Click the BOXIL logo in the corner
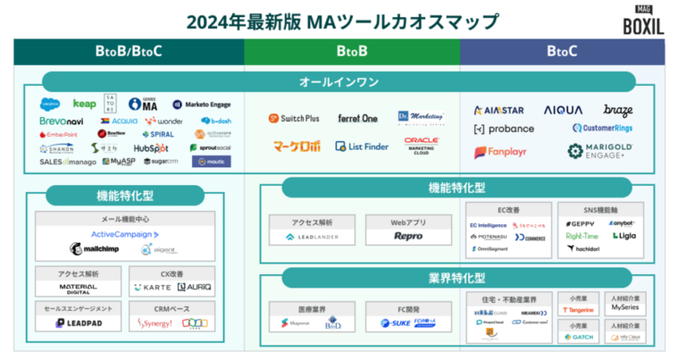pos(643,20)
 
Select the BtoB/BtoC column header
pos(129,51)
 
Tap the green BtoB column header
pos(352,51)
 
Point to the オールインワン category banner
pos(339,82)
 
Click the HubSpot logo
pos(151,147)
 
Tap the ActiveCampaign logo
pos(124,234)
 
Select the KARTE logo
pos(151,288)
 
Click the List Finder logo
pos(363,146)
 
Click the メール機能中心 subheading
pos(124,218)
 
